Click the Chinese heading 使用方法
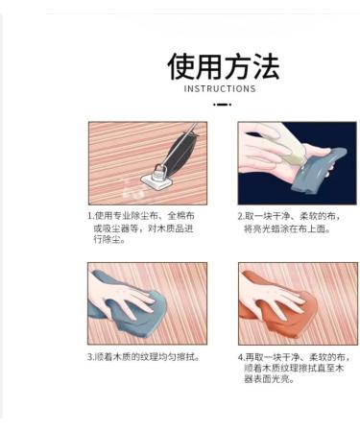(224, 66)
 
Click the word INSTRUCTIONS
(220, 88)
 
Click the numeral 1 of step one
(90, 216)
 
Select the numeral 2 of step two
(241, 216)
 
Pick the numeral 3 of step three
(90, 357)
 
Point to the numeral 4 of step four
(241, 357)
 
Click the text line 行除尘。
(109, 239)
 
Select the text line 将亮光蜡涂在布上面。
(287, 228)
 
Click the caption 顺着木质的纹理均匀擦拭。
(147, 357)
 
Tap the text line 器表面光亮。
(269, 379)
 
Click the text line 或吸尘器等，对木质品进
(144, 228)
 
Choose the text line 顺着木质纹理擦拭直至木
(294, 368)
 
